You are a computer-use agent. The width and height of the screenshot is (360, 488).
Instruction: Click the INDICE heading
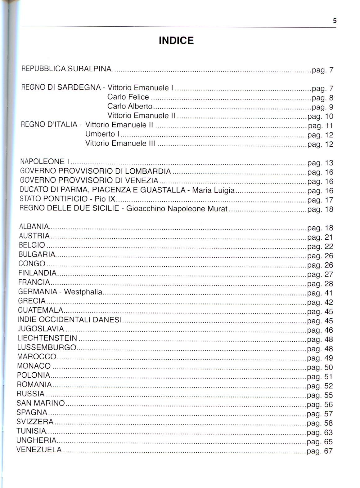tap(176, 41)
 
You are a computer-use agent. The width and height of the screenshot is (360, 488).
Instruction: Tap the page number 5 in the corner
tap(335, 21)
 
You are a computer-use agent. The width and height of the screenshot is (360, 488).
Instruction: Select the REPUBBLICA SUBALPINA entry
tap(66, 69)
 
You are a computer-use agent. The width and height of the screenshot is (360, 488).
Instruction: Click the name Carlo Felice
tap(128, 97)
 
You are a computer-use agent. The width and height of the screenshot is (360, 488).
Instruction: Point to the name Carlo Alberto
tap(130, 106)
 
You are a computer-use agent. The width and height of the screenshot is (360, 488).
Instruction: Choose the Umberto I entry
tap(102, 134)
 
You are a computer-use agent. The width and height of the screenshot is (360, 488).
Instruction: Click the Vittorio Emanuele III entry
tap(120, 144)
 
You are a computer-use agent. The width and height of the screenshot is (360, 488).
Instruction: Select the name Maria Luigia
tap(213, 190)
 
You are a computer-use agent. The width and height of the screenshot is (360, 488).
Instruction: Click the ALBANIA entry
tap(34, 227)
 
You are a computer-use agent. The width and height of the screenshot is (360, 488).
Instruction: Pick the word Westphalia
tap(83, 292)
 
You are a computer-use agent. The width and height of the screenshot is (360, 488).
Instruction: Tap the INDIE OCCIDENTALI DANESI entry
tap(70, 320)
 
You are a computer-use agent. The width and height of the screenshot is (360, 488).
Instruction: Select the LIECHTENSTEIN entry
tap(47, 338)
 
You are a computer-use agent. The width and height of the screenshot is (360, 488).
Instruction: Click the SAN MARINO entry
tap(41, 403)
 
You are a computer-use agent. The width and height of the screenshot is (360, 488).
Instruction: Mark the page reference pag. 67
tap(320, 451)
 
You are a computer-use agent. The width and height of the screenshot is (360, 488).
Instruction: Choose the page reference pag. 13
tap(320, 163)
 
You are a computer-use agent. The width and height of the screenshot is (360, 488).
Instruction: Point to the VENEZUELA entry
tap(39, 450)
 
